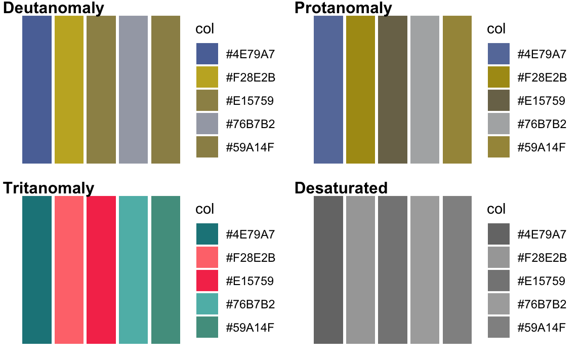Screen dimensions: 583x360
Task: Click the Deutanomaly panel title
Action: point(54,8)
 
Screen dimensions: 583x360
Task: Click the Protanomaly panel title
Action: point(343,8)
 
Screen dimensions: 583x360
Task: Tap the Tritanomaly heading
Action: point(49,188)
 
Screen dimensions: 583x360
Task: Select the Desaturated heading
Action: point(341,188)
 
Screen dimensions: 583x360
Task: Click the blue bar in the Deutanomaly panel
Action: point(37,90)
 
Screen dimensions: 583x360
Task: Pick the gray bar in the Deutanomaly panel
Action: point(134,90)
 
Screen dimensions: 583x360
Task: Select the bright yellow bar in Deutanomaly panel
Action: point(69,90)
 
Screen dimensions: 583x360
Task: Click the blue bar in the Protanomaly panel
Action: point(328,90)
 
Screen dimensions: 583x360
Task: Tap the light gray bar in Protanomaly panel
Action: point(425,90)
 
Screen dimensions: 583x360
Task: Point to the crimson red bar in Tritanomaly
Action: point(101,270)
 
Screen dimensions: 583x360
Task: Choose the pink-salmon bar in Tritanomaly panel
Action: point(69,270)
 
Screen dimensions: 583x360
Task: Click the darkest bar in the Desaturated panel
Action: point(328,270)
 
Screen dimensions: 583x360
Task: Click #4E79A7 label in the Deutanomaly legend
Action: point(250,54)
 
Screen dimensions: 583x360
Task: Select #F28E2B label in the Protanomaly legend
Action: point(542,77)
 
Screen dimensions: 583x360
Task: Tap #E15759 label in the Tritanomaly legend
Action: point(250,281)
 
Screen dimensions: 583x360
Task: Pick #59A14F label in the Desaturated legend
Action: point(542,327)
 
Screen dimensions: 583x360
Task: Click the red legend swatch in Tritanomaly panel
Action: point(207,281)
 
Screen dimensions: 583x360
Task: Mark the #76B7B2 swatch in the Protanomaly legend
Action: point(498,124)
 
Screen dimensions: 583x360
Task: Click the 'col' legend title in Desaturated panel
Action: point(496,209)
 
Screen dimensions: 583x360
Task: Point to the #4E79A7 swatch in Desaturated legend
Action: point(498,234)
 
